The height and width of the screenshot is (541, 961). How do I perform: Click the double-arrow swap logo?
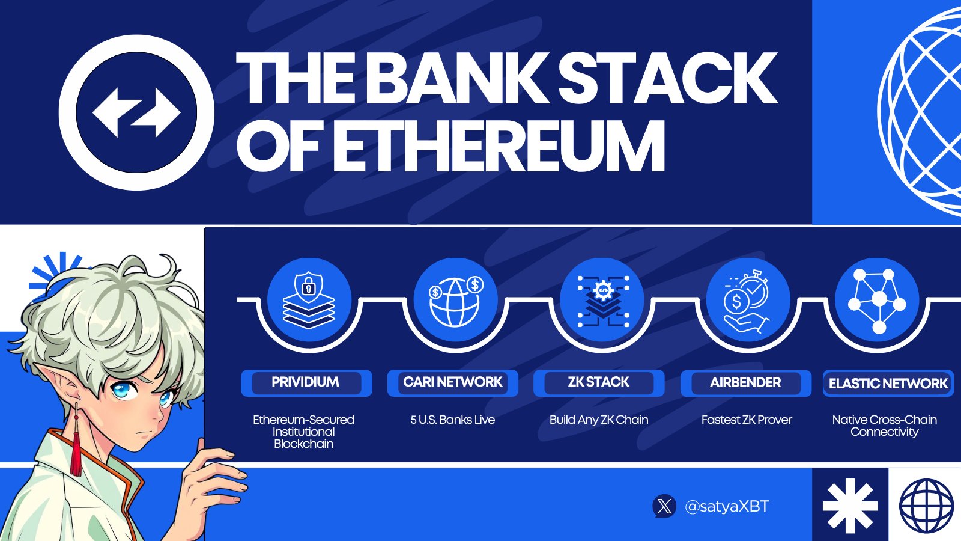(136, 113)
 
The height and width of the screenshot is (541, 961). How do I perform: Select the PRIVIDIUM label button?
(306, 383)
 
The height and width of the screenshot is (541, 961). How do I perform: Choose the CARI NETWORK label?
(453, 383)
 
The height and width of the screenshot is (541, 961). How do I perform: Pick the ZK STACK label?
(599, 383)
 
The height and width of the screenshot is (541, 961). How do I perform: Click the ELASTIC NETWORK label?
(888, 384)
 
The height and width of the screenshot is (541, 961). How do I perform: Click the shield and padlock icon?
(309, 301)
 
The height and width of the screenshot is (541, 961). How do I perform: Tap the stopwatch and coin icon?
(747, 301)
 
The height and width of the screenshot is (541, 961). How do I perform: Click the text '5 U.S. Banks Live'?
(453, 420)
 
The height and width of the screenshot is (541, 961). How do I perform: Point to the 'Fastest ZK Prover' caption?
(747, 420)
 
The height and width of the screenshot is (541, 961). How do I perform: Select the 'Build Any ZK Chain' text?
(599, 420)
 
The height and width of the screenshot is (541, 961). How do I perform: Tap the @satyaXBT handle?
(727, 507)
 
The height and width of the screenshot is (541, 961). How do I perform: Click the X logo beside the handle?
(664, 506)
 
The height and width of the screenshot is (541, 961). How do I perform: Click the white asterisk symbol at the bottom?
(850, 506)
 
